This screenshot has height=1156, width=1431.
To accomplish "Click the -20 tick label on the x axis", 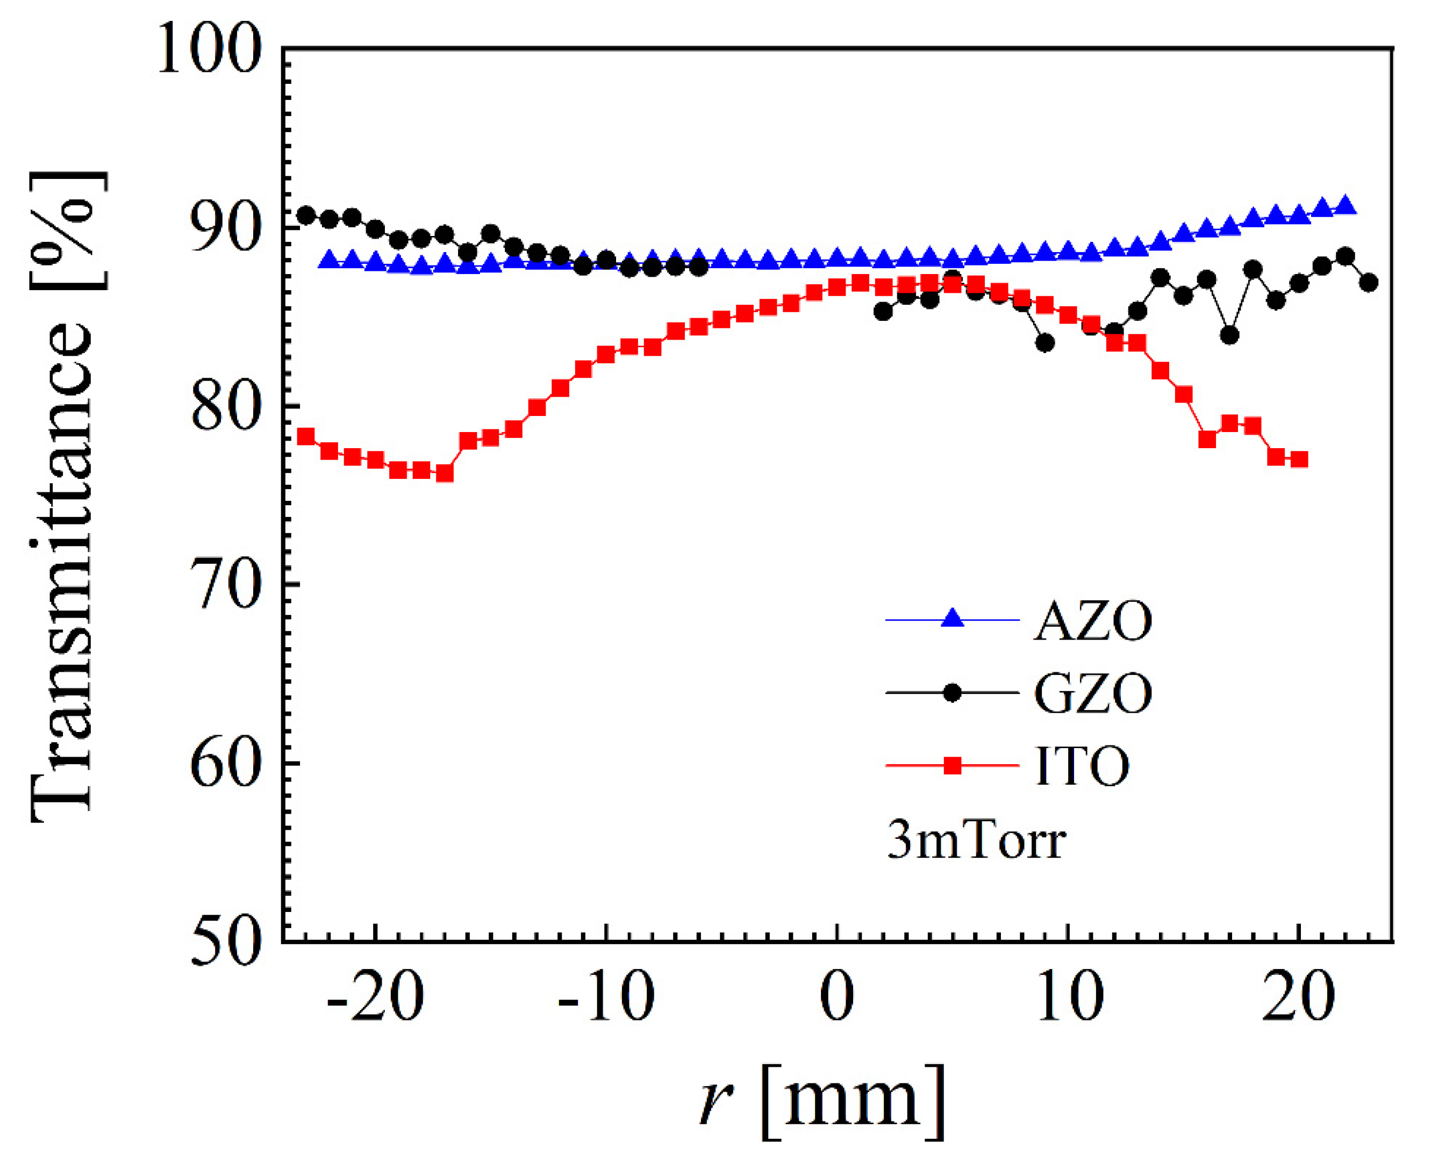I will pos(375,999).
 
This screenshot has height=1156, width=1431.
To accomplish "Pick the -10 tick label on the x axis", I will pos(606,999).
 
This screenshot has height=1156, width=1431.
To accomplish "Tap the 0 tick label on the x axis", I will pos(837,999).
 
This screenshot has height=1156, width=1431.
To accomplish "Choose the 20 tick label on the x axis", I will pos(1298,999).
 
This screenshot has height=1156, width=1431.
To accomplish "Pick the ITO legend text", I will pos(1083,766).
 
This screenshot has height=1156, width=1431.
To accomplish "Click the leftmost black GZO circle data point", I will pos(306,215).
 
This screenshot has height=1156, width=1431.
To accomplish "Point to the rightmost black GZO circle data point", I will pos(1369,282).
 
